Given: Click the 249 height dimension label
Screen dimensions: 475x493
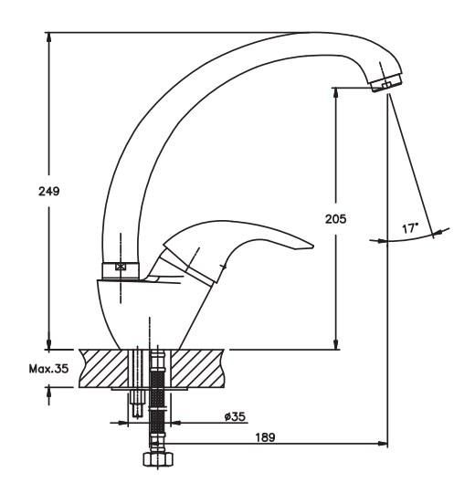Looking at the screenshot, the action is (x=49, y=191).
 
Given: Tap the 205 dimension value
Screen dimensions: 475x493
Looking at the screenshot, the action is (x=335, y=219).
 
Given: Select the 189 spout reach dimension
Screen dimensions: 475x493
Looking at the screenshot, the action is (x=265, y=437).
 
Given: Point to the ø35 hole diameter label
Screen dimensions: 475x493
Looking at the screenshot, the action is (x=235, y=416).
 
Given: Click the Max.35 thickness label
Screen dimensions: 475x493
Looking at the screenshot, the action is (x=48, y=368).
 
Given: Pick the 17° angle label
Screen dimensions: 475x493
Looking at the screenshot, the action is (x=410, y=228).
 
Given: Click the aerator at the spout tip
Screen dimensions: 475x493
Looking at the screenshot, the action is (x=386, y=82).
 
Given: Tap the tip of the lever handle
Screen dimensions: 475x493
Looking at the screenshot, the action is (x=313, y=246).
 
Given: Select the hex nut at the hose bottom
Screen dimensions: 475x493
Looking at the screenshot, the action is (x=158, y=459).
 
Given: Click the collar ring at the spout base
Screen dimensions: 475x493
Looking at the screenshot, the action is (x=121, y=270).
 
